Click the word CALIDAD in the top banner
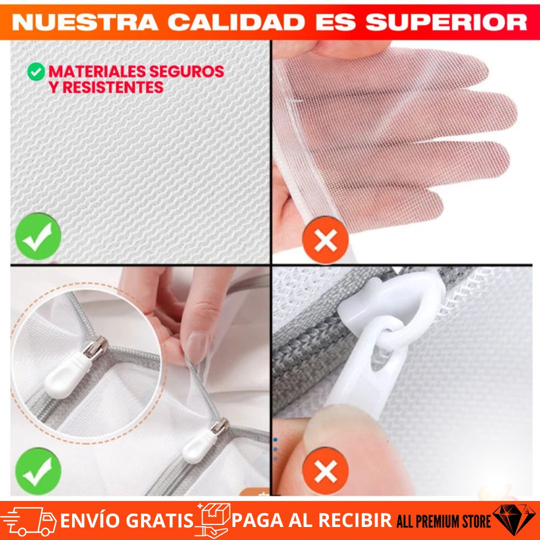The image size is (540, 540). click(236, 22)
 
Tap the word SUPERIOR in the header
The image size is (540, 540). click(446, 22)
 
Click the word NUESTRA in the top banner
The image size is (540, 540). click(85, 22)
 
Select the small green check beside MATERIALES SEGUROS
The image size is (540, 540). click(36, 71)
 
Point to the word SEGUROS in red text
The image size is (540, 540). click(186, 71)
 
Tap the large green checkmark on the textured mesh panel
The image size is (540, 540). click(38, 236)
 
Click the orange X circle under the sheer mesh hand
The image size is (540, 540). click(325, 239)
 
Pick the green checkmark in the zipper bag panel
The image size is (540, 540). click(38, 471)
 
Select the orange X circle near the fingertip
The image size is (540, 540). click(325, 471)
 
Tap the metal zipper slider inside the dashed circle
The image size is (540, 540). click(95, 347)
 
